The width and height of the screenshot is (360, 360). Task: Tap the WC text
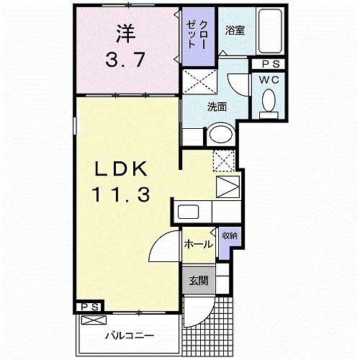271,78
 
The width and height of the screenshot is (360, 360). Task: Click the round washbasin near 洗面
221,136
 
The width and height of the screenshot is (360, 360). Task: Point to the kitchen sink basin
189,212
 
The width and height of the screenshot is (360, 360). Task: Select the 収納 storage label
229,236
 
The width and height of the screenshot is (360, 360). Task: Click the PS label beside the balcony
90,307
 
